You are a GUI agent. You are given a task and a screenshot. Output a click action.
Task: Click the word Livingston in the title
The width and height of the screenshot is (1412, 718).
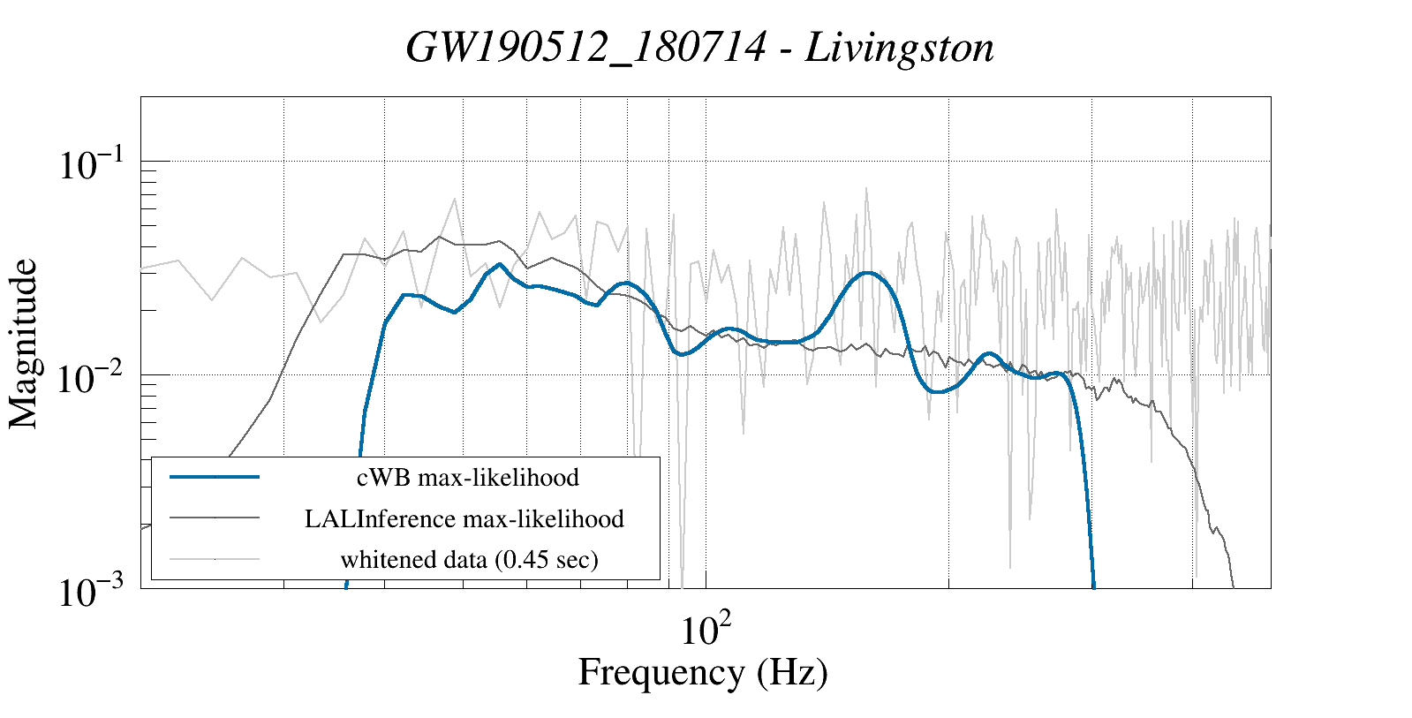click(x=900, y=48)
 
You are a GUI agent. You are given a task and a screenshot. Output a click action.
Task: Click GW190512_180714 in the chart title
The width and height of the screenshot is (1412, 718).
click(x=585, y=48)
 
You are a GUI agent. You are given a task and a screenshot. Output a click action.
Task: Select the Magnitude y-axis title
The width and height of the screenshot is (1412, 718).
click(x=25, y=344)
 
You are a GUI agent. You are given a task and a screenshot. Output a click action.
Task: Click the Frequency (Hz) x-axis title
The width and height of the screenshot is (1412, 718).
click(x=703, y=672)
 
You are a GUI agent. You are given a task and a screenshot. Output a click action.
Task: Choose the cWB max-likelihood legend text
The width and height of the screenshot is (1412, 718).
click(x=468, y=478)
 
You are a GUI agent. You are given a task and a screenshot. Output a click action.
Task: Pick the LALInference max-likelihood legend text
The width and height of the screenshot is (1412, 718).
click(x=464, y=518)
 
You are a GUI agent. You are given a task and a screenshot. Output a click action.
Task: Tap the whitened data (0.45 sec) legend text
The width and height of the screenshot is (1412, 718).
click(x=469, y=559)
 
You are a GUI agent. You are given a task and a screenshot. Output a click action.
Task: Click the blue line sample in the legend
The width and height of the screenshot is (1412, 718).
click(x=215, y=477)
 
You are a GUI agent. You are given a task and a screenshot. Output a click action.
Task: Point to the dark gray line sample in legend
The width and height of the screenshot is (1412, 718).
click(x=215, y=518)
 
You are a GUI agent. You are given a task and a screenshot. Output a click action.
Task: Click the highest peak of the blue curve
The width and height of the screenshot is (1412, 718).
click(x=500, y=264)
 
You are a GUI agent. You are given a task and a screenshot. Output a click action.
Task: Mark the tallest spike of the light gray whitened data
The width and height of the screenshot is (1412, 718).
click(x=866, y=188)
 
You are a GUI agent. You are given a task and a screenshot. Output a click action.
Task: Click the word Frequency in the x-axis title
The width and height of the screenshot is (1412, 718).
click(x=661, y=672)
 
